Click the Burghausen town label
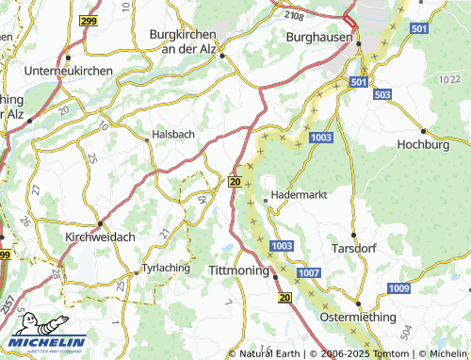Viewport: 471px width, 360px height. tap(319, 37)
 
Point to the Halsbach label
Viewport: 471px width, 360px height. tap(173, 134)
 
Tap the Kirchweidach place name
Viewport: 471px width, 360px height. tap(98, 238)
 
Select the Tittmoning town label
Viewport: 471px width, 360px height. tap(239, 271)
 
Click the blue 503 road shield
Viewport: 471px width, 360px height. tap(382, 95)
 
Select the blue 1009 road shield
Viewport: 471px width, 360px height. tap(399, 287)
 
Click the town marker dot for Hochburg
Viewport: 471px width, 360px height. tap(424, 131)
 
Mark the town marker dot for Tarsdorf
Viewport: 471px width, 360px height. tap(354, 236)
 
